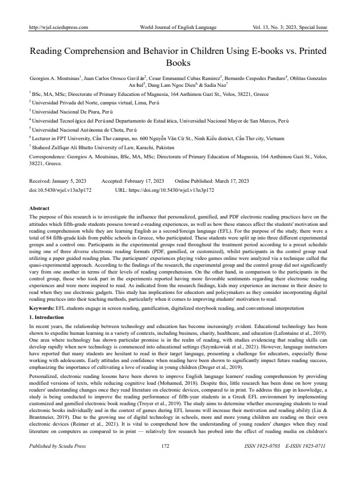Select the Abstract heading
[39, 209]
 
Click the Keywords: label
[45, 307]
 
